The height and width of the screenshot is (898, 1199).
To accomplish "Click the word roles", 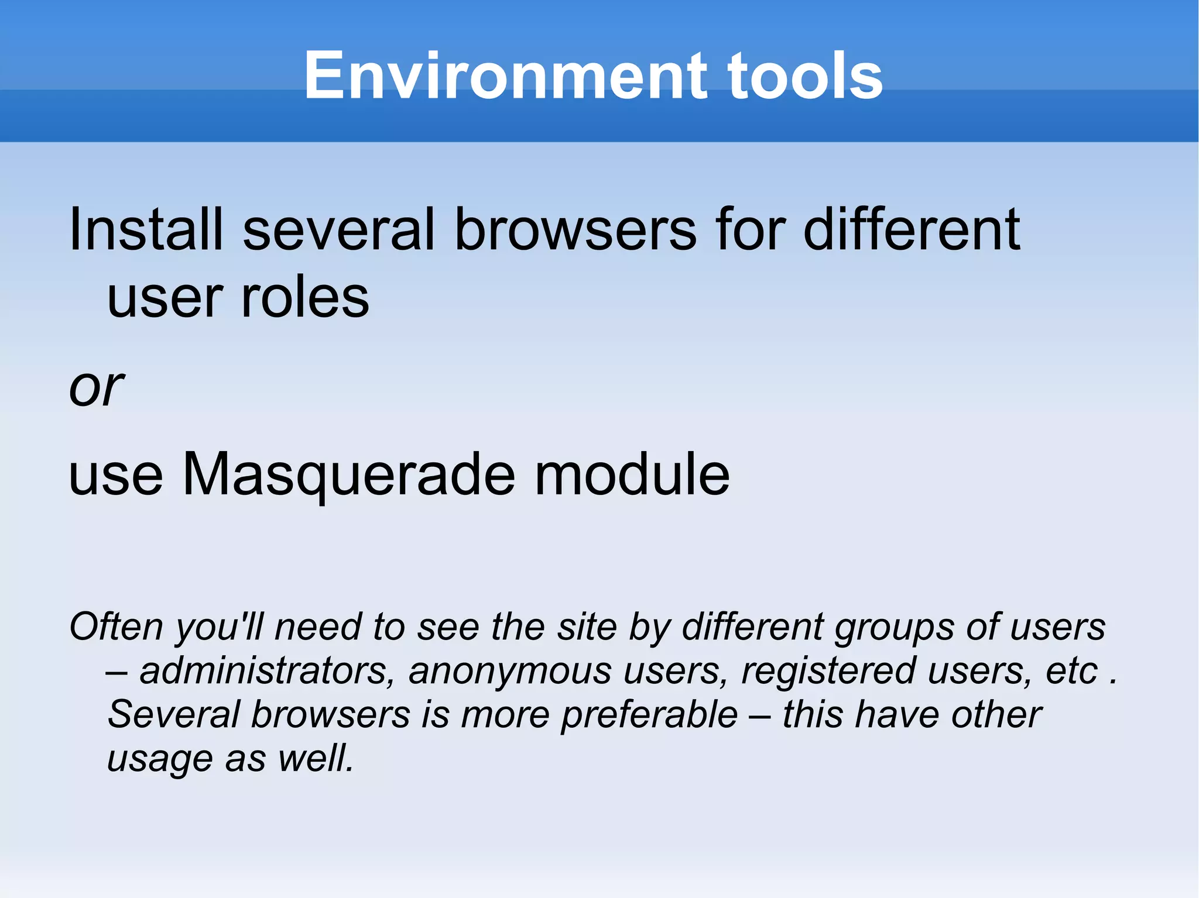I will coord(305,298).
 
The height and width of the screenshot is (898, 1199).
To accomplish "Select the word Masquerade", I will coord(349,475).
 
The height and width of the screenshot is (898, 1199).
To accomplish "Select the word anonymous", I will coord(510,672).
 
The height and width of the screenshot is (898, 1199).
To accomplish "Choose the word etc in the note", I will coord(1071,672).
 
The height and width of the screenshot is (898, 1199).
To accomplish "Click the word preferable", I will coord(649,715).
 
